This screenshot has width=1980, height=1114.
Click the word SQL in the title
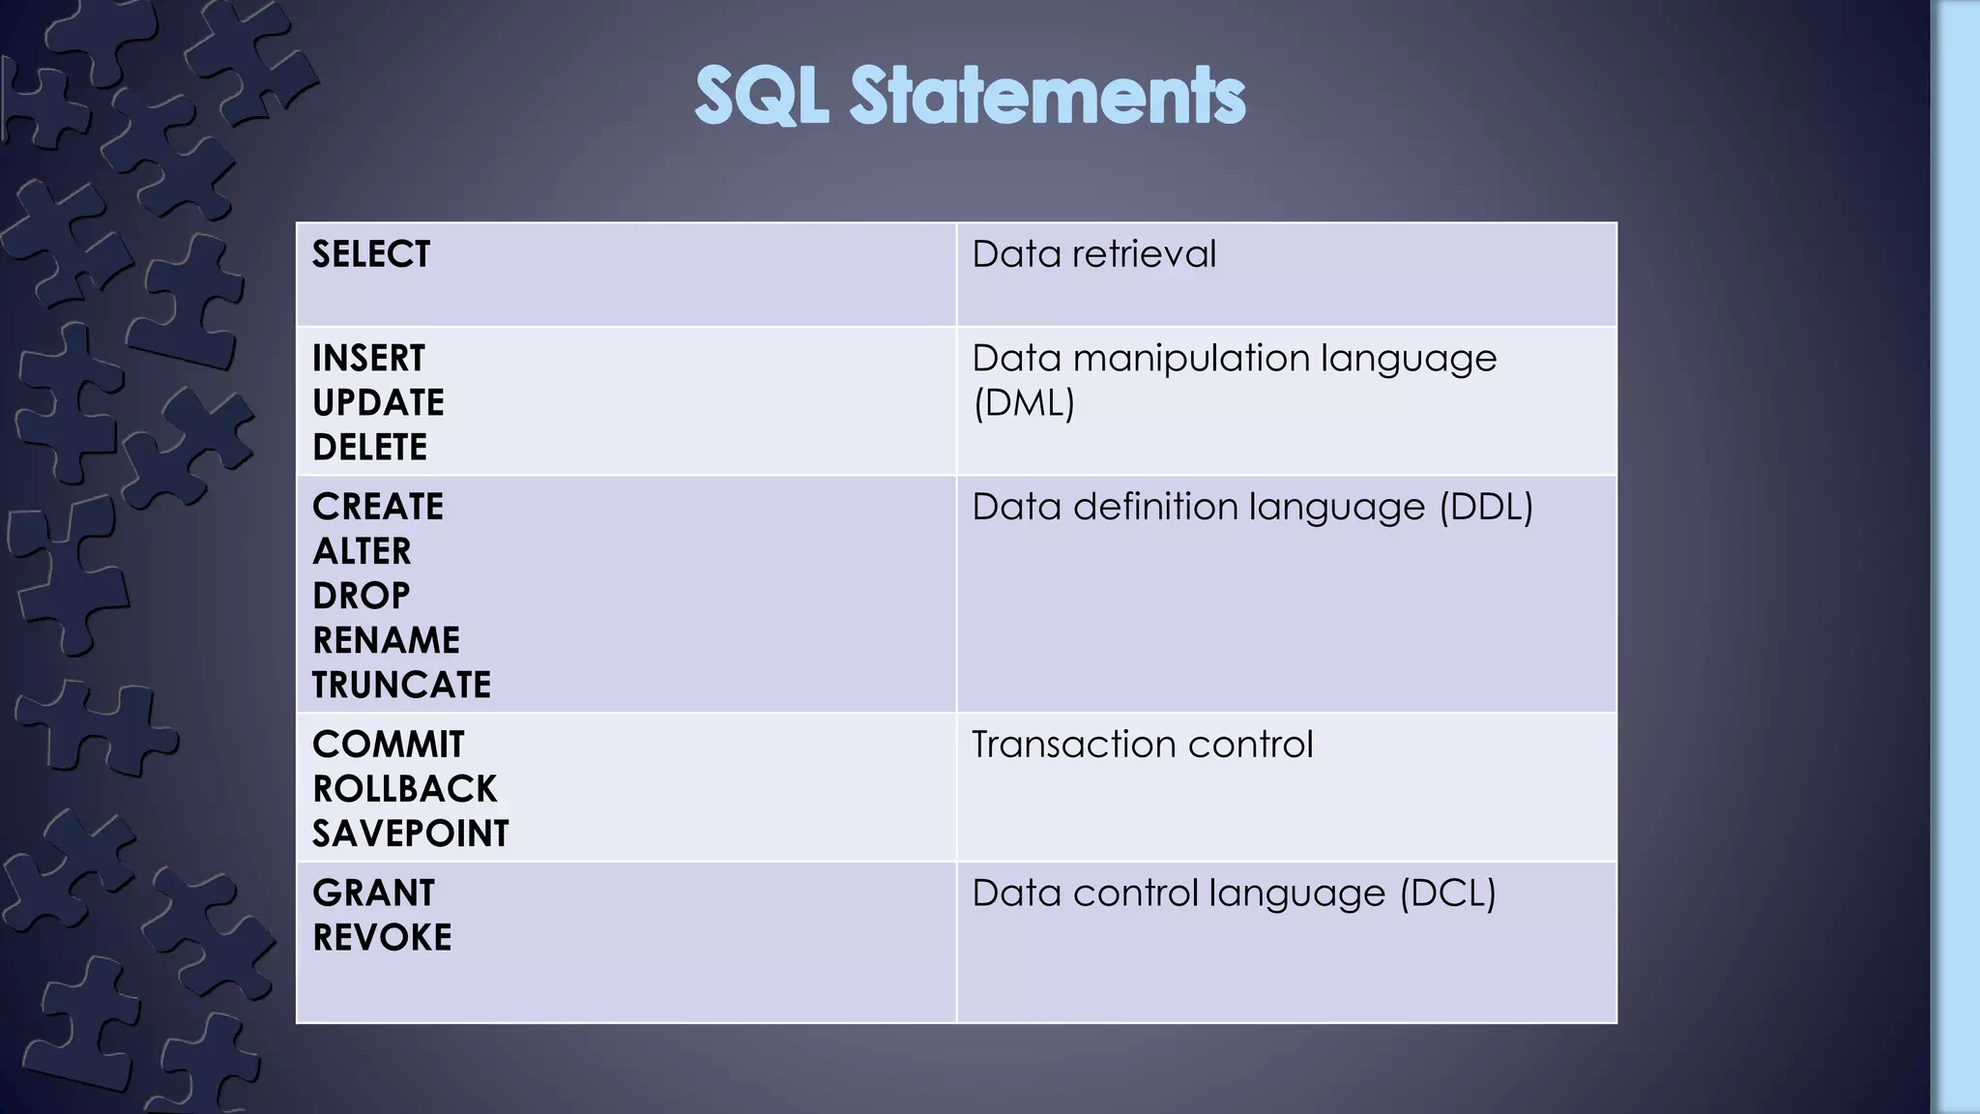762,96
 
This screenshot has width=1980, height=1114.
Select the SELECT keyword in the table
371,254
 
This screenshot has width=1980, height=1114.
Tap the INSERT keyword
368,359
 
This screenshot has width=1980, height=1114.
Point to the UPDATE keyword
378,403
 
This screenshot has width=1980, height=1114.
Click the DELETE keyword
369,448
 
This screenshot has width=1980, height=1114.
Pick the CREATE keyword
378,508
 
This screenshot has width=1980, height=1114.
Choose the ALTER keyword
362,552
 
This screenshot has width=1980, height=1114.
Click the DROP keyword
361,597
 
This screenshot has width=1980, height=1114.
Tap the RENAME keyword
386,641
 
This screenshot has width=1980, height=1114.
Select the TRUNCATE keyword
401,686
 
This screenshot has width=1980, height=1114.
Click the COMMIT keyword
388,746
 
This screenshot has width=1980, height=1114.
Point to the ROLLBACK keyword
404,790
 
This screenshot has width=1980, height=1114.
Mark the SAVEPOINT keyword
410,835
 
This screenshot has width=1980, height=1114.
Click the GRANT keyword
373,894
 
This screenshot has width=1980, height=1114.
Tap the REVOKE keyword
382,938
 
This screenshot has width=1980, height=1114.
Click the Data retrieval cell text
1093,254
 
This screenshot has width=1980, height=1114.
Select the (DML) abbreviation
1024,403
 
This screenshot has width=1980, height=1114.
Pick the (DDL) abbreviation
1486,508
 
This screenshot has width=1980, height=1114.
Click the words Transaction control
1142,746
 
